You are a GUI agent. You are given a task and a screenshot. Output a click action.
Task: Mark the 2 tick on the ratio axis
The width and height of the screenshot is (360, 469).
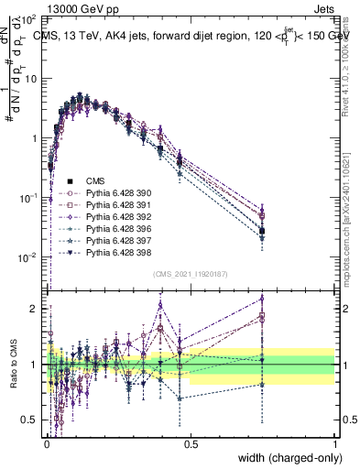(x=36, y=309)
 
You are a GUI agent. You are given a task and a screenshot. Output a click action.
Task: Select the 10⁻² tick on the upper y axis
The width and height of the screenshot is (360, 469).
(x=29, y=257)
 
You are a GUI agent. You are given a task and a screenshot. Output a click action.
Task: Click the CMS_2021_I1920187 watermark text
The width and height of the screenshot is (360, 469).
(x=191, y=273)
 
